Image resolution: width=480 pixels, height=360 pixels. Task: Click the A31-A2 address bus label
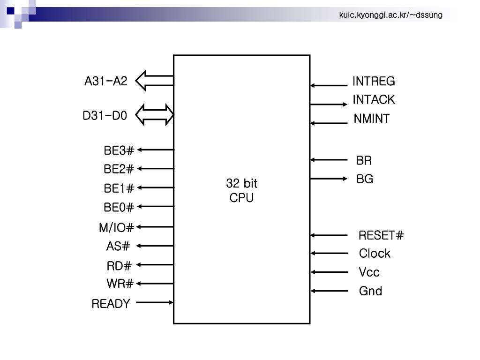pos(105,81)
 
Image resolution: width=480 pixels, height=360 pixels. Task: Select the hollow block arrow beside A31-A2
pos(154,81)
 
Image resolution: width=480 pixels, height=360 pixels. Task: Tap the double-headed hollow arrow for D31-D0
pos(155,115)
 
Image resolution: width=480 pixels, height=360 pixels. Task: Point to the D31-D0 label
pos(105,115)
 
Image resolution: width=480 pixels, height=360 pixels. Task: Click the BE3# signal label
pos(119,150)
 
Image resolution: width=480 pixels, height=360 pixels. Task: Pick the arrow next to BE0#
pos(155,207)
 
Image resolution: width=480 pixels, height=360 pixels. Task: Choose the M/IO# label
pos(116,228)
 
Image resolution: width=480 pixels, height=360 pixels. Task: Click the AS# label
pos(118,246)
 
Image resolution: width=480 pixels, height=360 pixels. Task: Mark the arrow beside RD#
pos(155,265)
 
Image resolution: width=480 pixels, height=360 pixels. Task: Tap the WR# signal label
pos(120,284)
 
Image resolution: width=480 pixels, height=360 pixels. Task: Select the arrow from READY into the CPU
pos(155,302)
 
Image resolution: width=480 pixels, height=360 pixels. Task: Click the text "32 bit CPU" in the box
pos(241,190)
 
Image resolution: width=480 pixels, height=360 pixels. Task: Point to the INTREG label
pos(374,82)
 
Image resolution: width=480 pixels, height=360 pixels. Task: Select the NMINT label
pos(371,119)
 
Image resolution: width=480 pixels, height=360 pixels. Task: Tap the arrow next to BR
pos(329,160)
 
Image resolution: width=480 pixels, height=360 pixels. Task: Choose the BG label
pos(365,179)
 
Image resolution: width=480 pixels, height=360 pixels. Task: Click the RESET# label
pos(381,235)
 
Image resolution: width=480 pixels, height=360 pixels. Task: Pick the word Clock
pos(375,254)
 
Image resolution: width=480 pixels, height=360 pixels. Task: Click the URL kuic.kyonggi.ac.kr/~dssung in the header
pos(390,15)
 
